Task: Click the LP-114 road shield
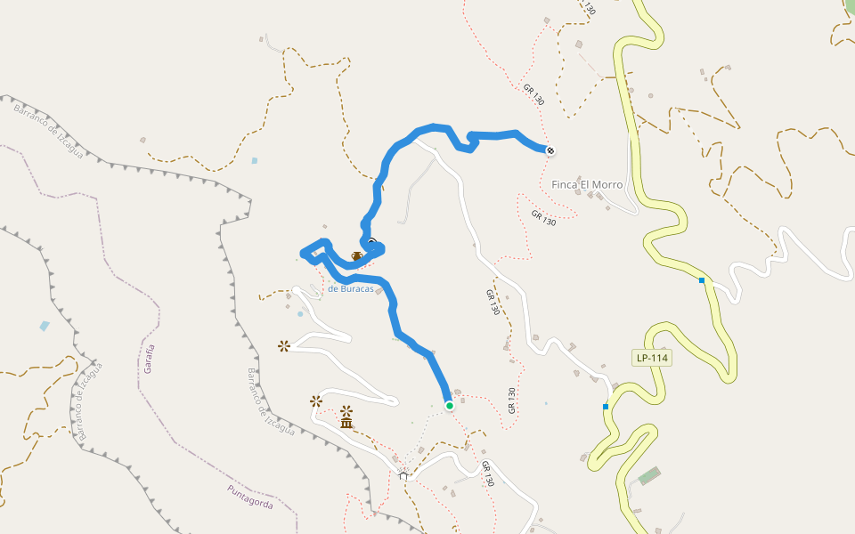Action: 651,358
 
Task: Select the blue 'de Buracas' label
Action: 350,288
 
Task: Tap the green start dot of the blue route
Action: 450,406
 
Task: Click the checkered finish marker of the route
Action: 550,150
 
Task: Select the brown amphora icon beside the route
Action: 356,256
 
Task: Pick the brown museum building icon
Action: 346,423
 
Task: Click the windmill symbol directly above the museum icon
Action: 346,411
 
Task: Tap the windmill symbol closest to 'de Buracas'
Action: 283,345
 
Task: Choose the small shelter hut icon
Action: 403,475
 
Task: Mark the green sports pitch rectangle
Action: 650,476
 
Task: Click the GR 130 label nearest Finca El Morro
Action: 543,217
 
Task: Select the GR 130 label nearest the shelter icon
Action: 486,473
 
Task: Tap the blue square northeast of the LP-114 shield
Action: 702,280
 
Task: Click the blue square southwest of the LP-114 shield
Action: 606,407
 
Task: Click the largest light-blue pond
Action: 45,326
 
